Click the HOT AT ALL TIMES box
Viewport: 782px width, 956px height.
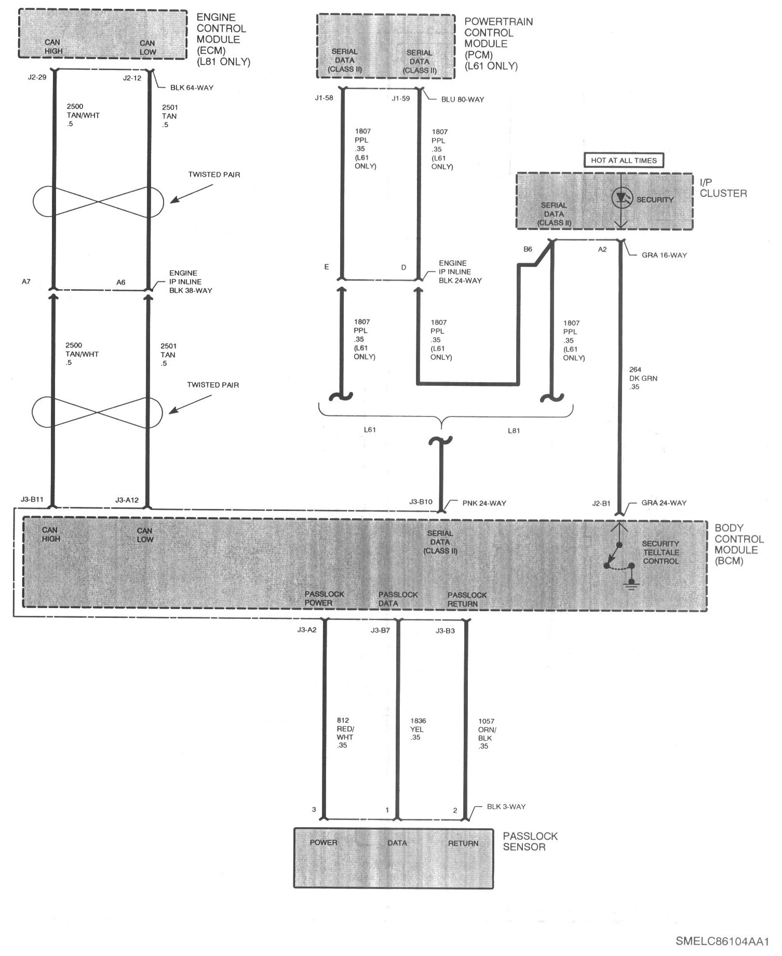click(624, 160)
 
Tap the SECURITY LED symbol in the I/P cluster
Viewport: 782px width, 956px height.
click(621, 198)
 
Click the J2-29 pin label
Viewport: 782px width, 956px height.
click(37, 78)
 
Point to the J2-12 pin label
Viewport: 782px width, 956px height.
click(132, 78)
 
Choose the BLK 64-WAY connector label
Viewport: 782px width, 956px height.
click(192, 88)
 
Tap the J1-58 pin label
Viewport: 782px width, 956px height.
click(324, 98)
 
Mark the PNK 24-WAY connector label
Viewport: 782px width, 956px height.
click(484, 503)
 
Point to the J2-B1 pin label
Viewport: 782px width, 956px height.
click(601, 503)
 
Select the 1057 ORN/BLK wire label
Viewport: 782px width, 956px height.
click(486, 733)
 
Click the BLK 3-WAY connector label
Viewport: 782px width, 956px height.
click(506, 806)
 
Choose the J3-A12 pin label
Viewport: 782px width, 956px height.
click(127, 500)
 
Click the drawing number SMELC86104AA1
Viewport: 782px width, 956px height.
click(722, 941)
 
